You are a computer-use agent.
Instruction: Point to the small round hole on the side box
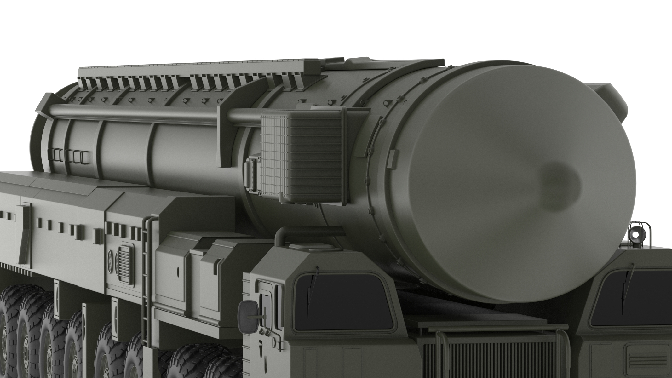click(x=178, y=271)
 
